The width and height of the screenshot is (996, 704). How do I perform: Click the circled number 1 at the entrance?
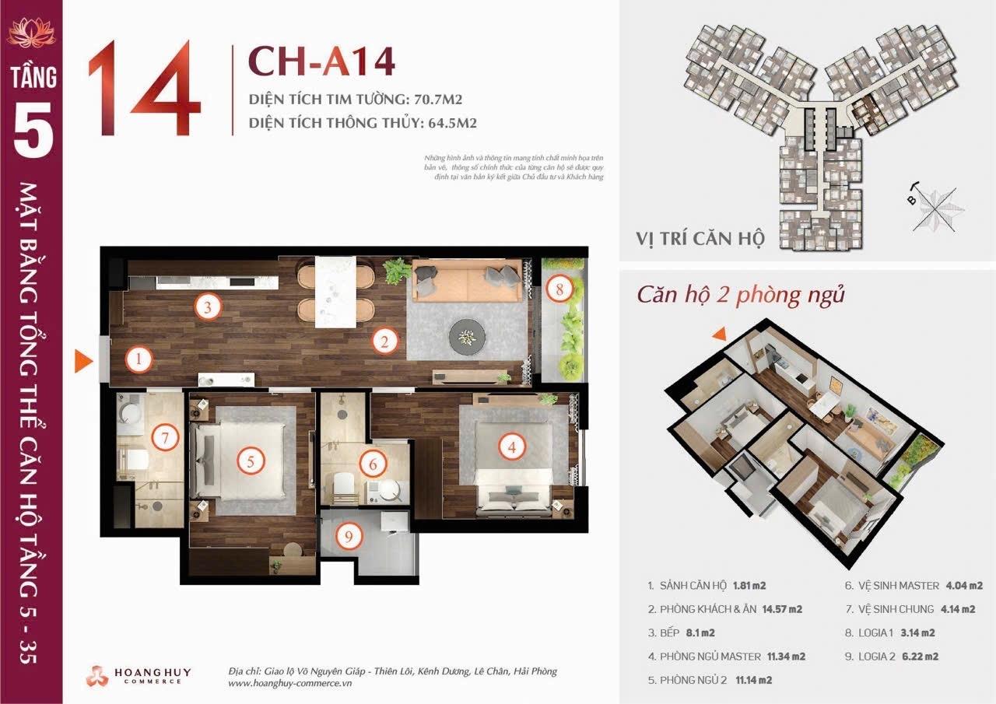tap(139, 359)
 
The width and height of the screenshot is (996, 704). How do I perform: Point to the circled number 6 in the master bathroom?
tap(373, 464)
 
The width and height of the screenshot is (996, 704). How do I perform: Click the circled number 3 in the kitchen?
tap(207, 306)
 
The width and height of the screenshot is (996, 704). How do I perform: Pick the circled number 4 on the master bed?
tap(511, 447)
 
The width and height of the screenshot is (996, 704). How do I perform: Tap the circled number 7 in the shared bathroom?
tap(165, 437)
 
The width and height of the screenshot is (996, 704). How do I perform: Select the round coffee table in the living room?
tap(467, 335)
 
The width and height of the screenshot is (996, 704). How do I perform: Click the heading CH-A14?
tap(321, 63)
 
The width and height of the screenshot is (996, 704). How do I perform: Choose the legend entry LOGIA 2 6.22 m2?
tap(891, 656)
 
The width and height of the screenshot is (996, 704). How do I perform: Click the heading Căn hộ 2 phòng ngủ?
tap(741, 295)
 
